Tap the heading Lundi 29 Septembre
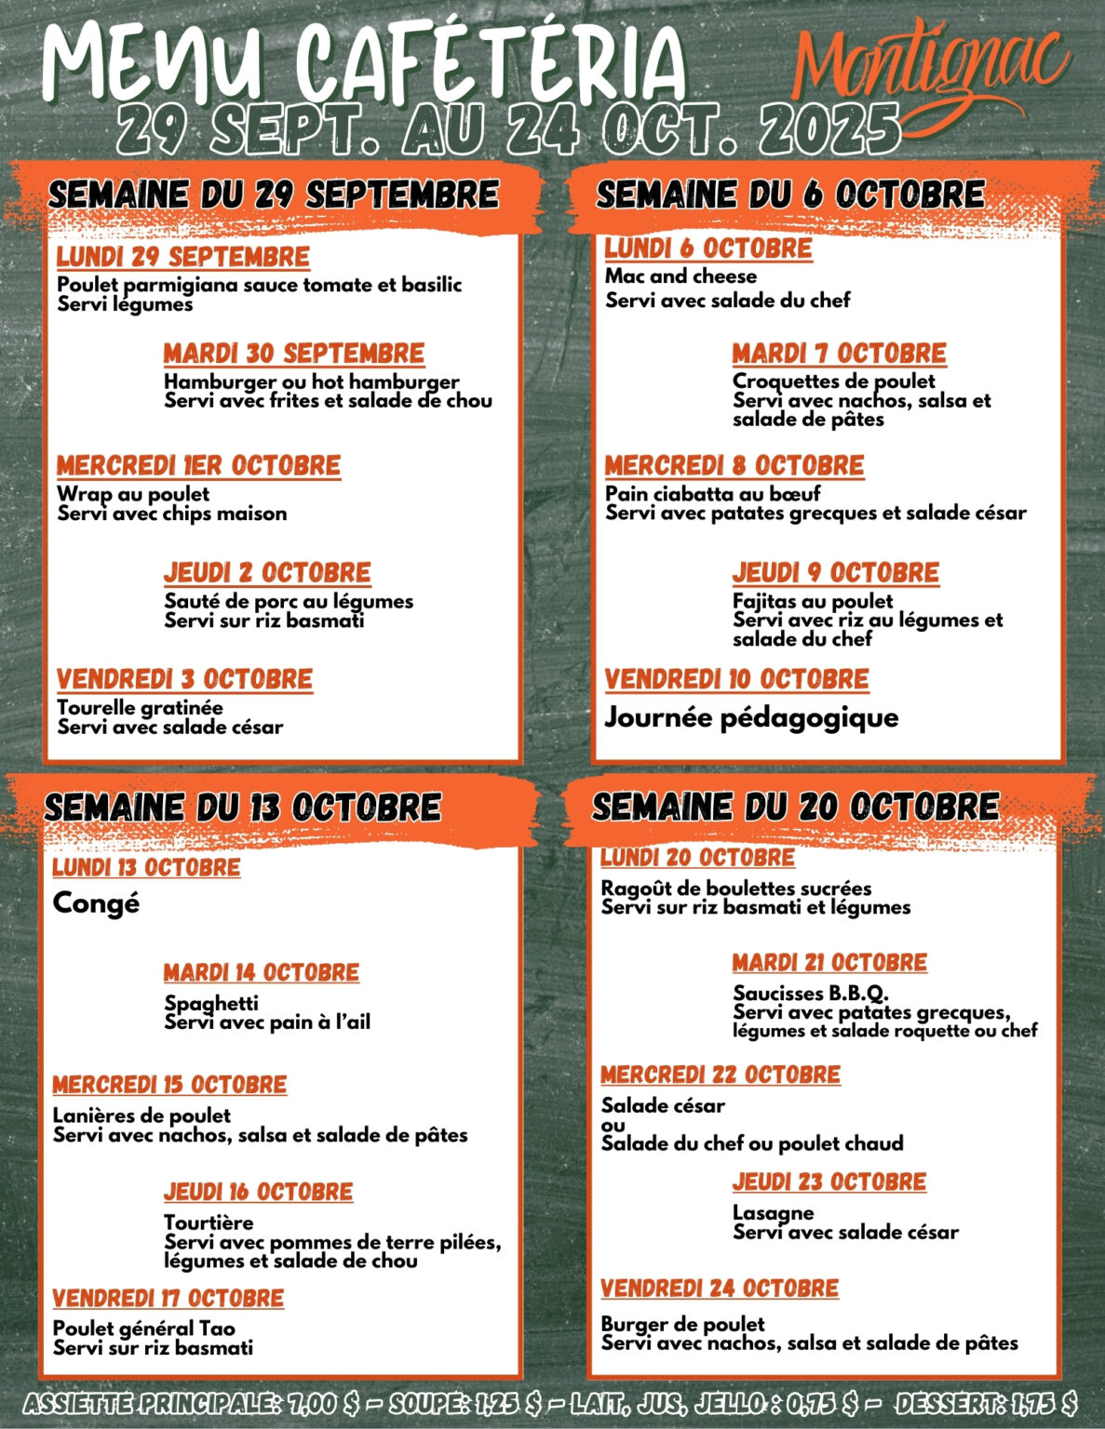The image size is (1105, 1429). point(183,257)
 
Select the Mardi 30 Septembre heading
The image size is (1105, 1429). point(294,354)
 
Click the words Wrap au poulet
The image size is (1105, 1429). point(133,494)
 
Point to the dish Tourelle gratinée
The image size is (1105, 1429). point(141,708)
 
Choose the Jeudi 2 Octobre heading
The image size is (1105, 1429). point(267,572)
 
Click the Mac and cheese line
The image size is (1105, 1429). point(681,276)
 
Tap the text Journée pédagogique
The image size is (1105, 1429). point(751,717)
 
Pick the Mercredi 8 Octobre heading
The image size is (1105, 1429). point(734,465)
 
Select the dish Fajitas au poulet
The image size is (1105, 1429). point(813,601)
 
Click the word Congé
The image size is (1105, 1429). point(96,902)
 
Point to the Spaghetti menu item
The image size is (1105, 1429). point(211,1003)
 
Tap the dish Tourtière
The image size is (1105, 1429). point(209,1222)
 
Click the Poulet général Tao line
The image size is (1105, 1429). point(144,1329)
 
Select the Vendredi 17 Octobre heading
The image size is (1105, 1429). point(168,1298)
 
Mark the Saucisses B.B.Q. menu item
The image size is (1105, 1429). point(811,993)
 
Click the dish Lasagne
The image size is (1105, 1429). point(773,1212)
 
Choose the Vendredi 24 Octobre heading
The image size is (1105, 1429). point(720,1289)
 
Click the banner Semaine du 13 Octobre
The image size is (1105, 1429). point(243,807)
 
